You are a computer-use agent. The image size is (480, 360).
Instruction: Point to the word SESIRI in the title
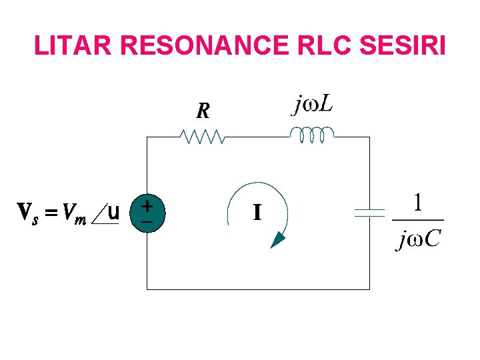point(402,45)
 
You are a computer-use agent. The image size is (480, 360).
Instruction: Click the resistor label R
point(203,111)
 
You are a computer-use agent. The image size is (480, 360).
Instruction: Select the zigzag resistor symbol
point(203,137)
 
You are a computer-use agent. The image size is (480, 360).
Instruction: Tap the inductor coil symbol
point(311,135)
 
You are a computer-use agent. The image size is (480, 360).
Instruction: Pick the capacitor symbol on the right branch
point(369,213)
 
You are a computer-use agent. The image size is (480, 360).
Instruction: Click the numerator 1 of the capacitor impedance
point(418,203)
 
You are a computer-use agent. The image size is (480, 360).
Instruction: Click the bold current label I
point(257,213)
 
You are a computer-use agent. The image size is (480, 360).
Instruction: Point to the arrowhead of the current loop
point(278,240)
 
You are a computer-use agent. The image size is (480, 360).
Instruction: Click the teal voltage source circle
point(146,213)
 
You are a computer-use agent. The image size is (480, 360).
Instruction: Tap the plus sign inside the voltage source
point(146,207)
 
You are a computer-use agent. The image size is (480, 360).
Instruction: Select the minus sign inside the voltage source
point(146,221)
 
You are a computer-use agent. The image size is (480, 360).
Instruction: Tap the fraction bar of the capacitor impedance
point(418,220)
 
